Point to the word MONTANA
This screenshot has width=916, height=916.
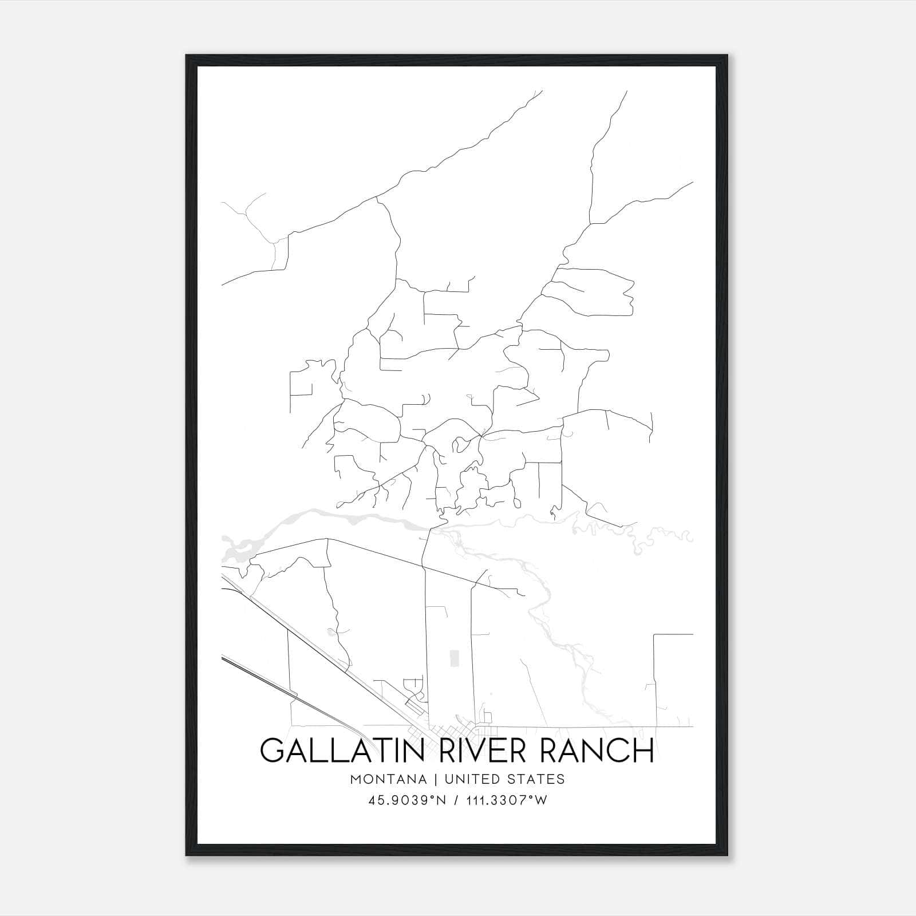pyautogui.click(x=389, y=779)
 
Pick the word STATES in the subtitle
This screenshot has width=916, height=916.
pyautogui.click(x=536, y=779)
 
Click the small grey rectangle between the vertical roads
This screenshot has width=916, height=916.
pyautogui.click(x=455, y=658)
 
